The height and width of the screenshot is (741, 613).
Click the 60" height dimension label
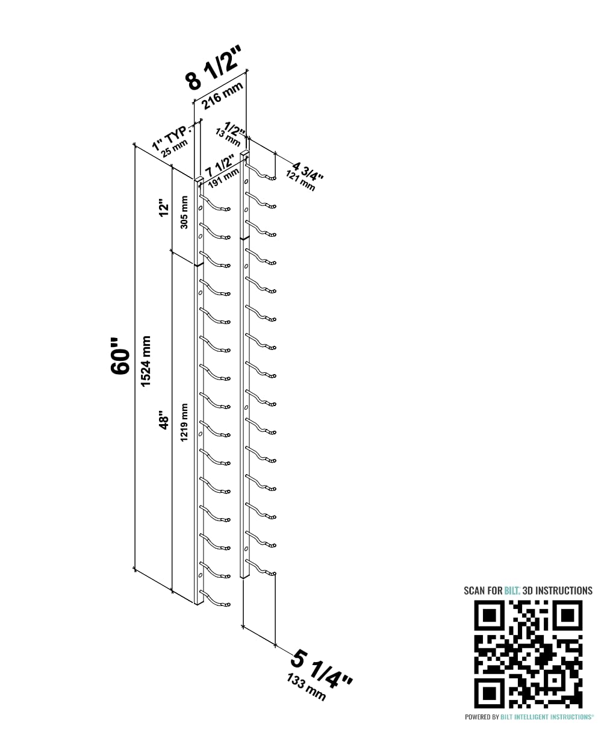[x=120, y=356]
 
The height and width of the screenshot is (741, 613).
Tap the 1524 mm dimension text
[x=146, y=361]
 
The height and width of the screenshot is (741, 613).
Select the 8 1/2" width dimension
[x=214, y=68]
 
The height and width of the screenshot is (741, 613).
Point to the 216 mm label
[x=222, y=96]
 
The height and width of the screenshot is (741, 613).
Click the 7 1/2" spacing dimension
[x=220, y=166]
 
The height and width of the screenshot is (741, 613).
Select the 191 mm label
[x=223, y=178]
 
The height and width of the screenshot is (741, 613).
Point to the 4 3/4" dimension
[x=308, y=172]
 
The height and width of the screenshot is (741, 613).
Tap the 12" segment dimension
[x=164, y=210]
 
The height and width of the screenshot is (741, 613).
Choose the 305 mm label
[x=184, y=212]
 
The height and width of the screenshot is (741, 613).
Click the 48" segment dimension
[x=164, y=420]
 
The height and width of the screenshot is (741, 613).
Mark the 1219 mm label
[x=184, y=422]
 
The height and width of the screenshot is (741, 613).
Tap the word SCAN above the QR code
[x=475, y=590]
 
